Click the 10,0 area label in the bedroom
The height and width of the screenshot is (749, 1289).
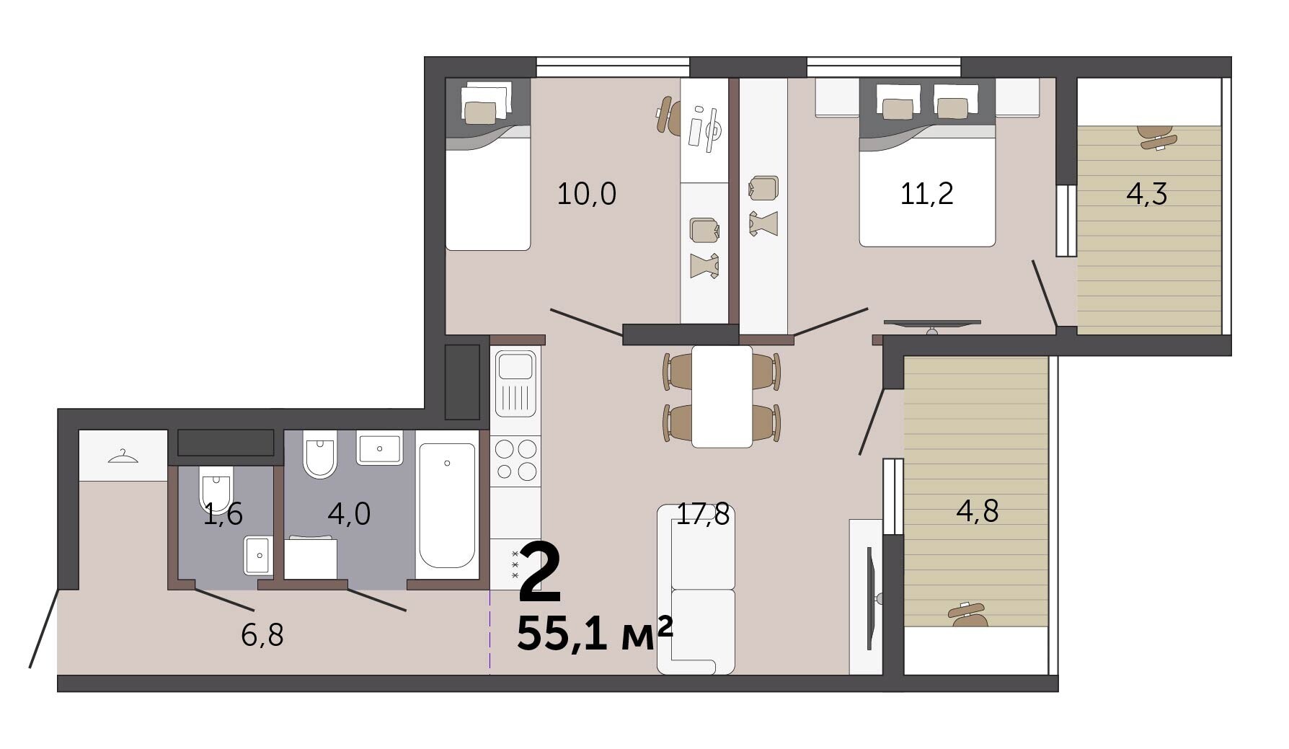[x=587, y=194]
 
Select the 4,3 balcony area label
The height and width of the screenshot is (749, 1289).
[x=1146, y=194]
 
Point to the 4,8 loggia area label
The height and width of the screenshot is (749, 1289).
[x=978, y=511]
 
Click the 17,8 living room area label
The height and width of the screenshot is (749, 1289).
[x=703, y=514]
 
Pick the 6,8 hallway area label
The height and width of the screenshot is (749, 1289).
[x=262, y=635]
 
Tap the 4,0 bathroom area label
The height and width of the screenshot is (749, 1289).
[x=349, y=514]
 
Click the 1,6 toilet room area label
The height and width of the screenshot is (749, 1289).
[x=223, y=514]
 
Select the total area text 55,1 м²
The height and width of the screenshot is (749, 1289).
[x=595, y=634]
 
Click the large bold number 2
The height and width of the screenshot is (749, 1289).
[x=540, y=573]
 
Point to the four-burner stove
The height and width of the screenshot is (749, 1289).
[x=515, y=460]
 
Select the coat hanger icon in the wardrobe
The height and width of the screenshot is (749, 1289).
[x=123, y=456]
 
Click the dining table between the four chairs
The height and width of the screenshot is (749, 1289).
[x=722, y=396]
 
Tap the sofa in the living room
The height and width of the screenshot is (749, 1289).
[x=696, y=589]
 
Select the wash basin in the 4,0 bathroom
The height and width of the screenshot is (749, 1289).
[x=380, y=449]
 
